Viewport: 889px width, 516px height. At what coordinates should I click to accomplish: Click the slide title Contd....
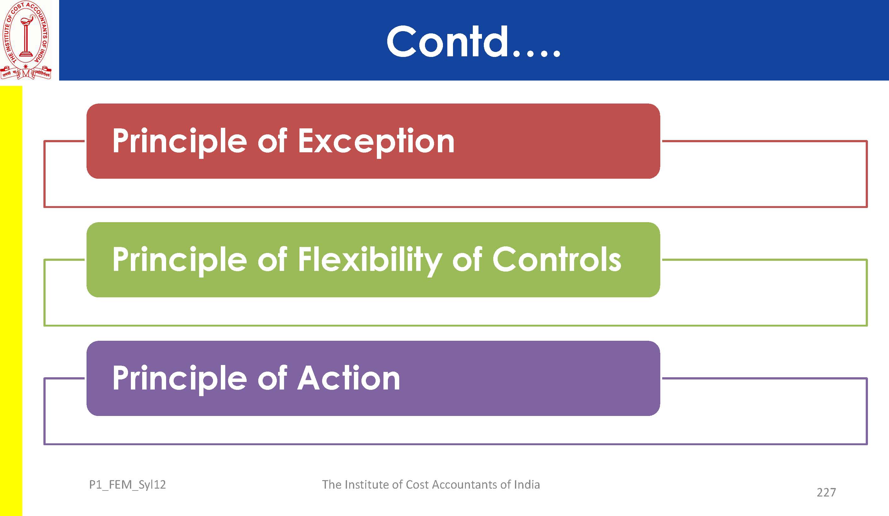[x=473, y=41]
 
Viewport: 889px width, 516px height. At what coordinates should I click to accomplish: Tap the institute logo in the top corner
[x=26, y=40]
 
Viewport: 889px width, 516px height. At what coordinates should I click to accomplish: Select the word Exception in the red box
[x=376, y=142]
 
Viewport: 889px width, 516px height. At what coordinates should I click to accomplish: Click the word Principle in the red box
[x=180, y=142]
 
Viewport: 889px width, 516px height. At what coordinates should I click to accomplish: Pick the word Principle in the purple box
[x=180, y=379]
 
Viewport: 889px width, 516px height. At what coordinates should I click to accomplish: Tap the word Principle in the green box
[x=180, y=260]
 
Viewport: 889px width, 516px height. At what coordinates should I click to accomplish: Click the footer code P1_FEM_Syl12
[x=127, y=485]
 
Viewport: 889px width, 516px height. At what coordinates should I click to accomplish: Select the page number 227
[x=826, y=492]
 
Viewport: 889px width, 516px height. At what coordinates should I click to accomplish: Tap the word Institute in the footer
[x=366, y=485]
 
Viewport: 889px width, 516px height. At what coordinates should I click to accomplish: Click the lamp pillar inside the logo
[x=26, y=37]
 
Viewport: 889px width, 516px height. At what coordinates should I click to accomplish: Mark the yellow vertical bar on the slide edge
[x=11, y=301]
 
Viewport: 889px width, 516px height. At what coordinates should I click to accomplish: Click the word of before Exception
[x=272, y=141]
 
